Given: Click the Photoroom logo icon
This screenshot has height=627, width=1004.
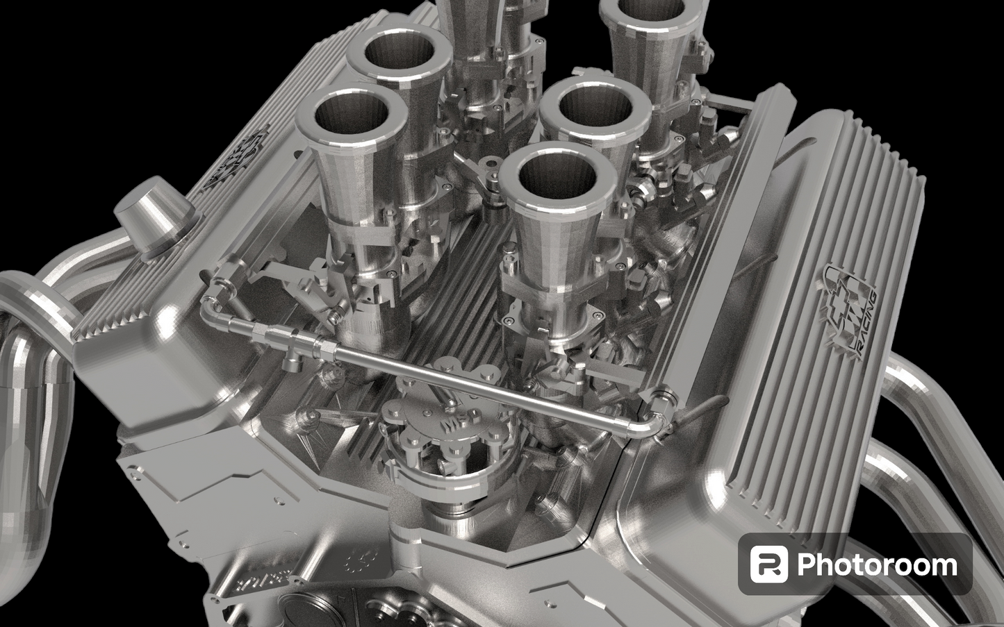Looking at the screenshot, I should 768,564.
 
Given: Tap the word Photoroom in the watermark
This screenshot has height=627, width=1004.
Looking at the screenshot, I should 877,565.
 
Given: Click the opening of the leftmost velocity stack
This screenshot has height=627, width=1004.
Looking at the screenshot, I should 350,117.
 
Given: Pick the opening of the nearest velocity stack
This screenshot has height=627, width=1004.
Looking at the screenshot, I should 548,174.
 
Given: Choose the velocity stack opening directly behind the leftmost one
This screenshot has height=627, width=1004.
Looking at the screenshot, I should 398,55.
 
